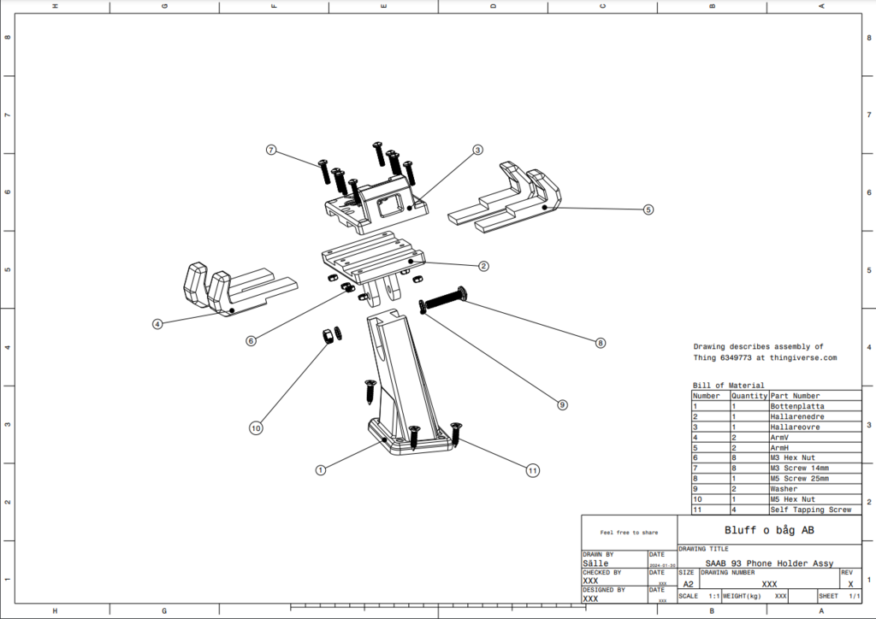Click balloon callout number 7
[271, 150]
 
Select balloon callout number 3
[477, 150]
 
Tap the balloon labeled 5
[648, 209]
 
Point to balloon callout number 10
[256, 428]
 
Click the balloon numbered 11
[533, 469]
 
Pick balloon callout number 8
[601, 342]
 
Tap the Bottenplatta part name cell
[795, 406]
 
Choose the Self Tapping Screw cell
[810, 510]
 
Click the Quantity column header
[749, 396]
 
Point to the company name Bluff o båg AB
[768, 530]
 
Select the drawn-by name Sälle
[595, 563]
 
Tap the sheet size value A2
[688, 584]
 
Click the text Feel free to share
[629, 532]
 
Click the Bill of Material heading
[728, 386]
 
